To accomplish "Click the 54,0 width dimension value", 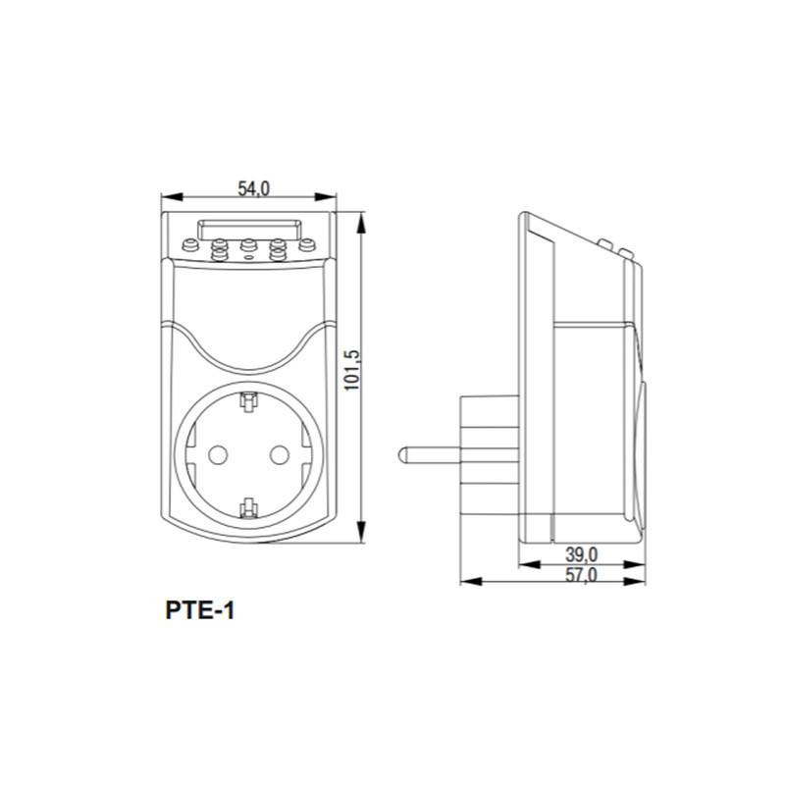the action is pos(253,188).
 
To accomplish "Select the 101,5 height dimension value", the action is pos(352,370).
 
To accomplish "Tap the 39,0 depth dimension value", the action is pos(581,554).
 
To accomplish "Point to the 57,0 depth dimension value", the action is pos(581,575).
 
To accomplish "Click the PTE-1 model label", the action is pos(200,610).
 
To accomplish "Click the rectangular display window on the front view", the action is pos(249,230).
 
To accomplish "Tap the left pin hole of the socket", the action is pos(218,455).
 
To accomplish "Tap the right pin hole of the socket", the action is pos(280,455).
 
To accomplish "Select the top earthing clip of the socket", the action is pos(248,402).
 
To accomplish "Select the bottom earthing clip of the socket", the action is pos(248,507).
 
